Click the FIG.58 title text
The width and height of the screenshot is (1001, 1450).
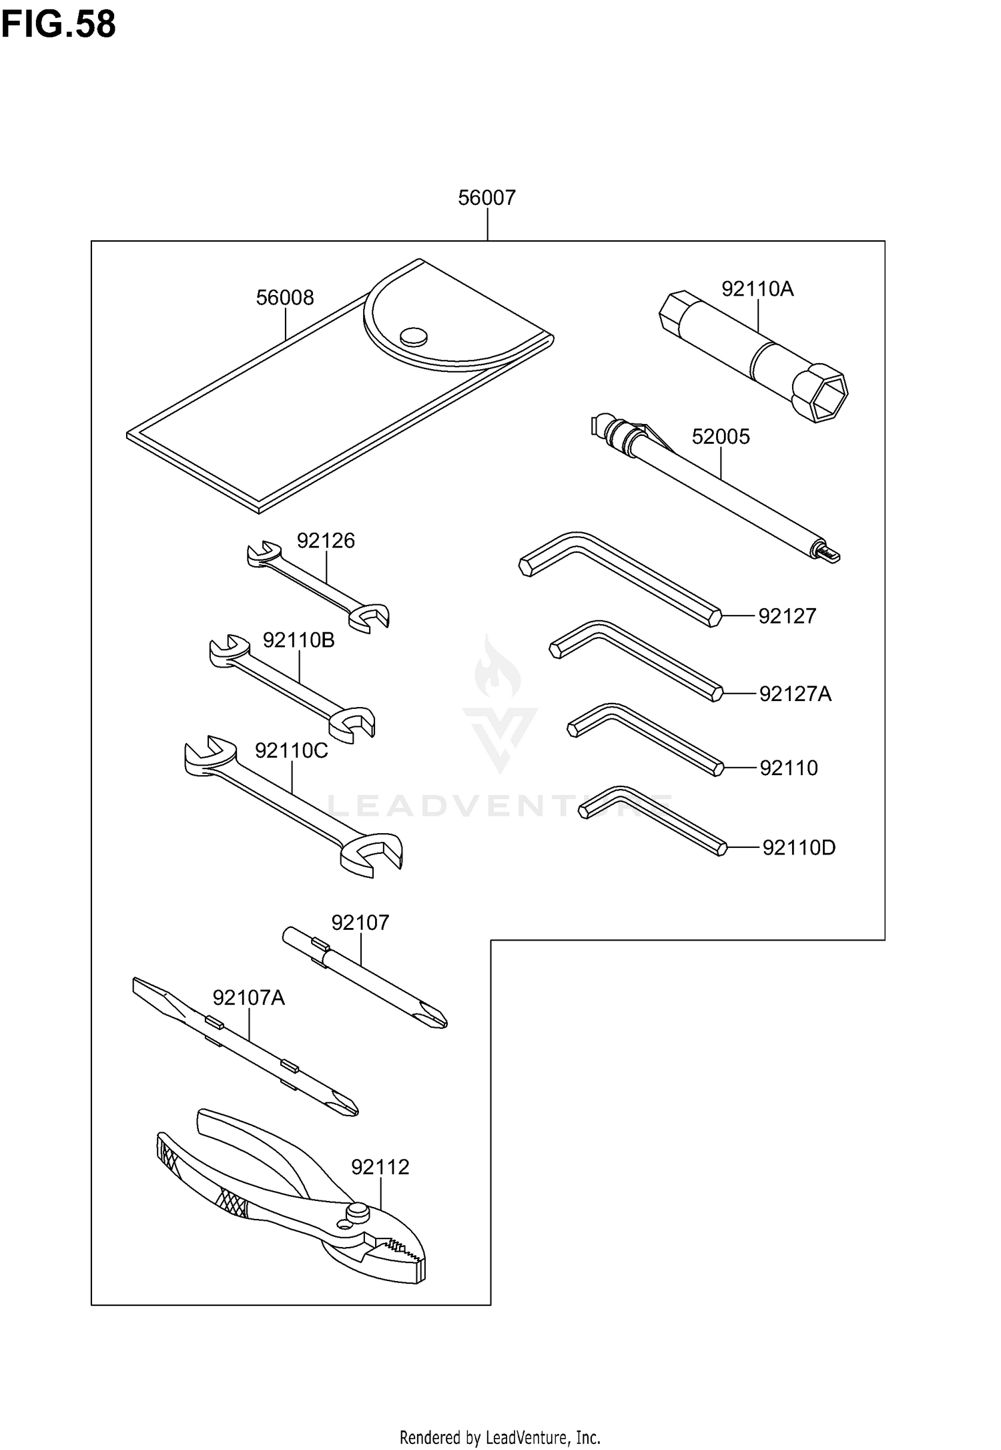(x=59, y=24)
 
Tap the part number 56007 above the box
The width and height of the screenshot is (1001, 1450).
(x=486, y=198)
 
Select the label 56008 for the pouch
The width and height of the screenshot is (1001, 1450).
(x=285, y=297)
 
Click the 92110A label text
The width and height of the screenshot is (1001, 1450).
(x=757, y=288)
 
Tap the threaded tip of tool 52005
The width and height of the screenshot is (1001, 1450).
(x=829, y=554)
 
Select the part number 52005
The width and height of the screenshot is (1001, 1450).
(x=721, y=437)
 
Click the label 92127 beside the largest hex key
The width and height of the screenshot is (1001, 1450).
(x=787, y=616)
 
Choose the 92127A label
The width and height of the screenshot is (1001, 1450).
(x=795, y=694)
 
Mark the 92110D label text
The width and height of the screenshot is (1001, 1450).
(x=799, y=848)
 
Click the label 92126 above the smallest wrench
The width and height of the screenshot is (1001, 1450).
(x=326, y=540)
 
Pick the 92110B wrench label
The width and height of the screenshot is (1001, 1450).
(x=298, y=640)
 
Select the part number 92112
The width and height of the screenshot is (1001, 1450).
(x=380, y=1167)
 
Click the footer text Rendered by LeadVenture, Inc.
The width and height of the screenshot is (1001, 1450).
(x=500, y=1436)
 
